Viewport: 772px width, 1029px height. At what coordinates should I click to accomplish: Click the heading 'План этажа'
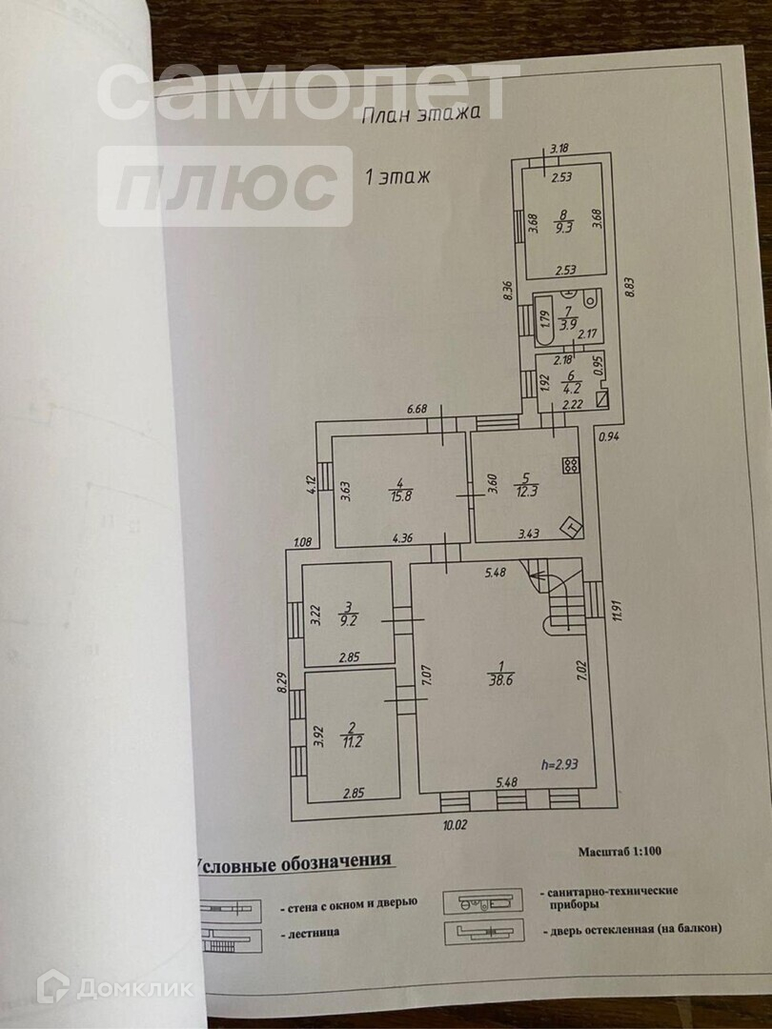(431, 114)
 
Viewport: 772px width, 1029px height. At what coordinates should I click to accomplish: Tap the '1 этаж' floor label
(398, 176)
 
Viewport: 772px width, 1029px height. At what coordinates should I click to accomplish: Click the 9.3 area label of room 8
(564, 227)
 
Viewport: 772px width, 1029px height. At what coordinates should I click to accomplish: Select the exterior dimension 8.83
(628, 286)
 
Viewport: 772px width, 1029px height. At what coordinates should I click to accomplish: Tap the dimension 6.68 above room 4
(416, 410)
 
